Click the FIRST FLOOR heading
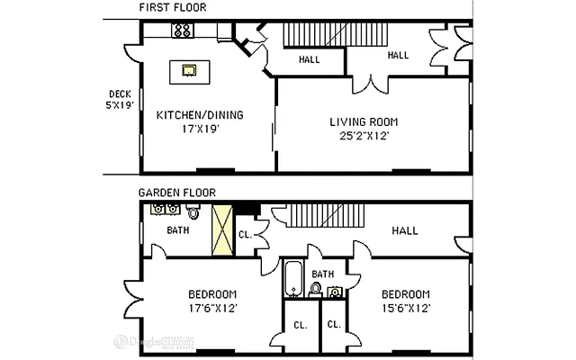pos(173,8)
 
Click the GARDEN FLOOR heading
pos(176,192)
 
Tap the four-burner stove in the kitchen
pos(183,31)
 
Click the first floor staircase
pos(336,34)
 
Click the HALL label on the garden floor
pos(404,231)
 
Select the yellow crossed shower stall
pos(221,231)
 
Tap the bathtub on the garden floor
pos(293,279)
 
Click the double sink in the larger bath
pos(164,210)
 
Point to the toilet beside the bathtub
pos(315,289)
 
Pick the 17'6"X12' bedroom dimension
pos(211,309)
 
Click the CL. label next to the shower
pos(244,235)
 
